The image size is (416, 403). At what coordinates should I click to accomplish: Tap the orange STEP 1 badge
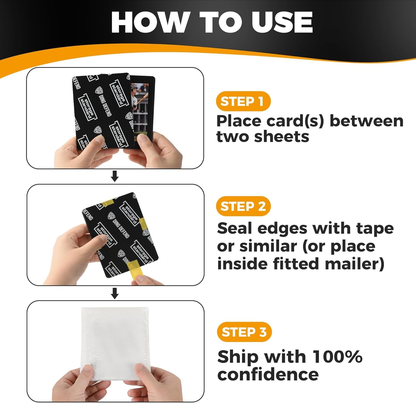243,101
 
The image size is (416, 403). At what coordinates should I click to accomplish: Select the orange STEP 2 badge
243,206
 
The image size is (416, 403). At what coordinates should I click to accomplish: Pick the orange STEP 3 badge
244,332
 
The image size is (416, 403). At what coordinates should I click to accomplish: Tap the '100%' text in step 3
337,357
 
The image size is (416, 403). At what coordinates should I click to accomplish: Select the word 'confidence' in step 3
268,375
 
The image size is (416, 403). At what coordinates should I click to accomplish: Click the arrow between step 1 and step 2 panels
115,176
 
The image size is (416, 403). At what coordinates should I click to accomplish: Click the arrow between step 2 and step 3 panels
115,293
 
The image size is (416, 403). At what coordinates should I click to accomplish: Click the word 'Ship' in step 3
238,357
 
